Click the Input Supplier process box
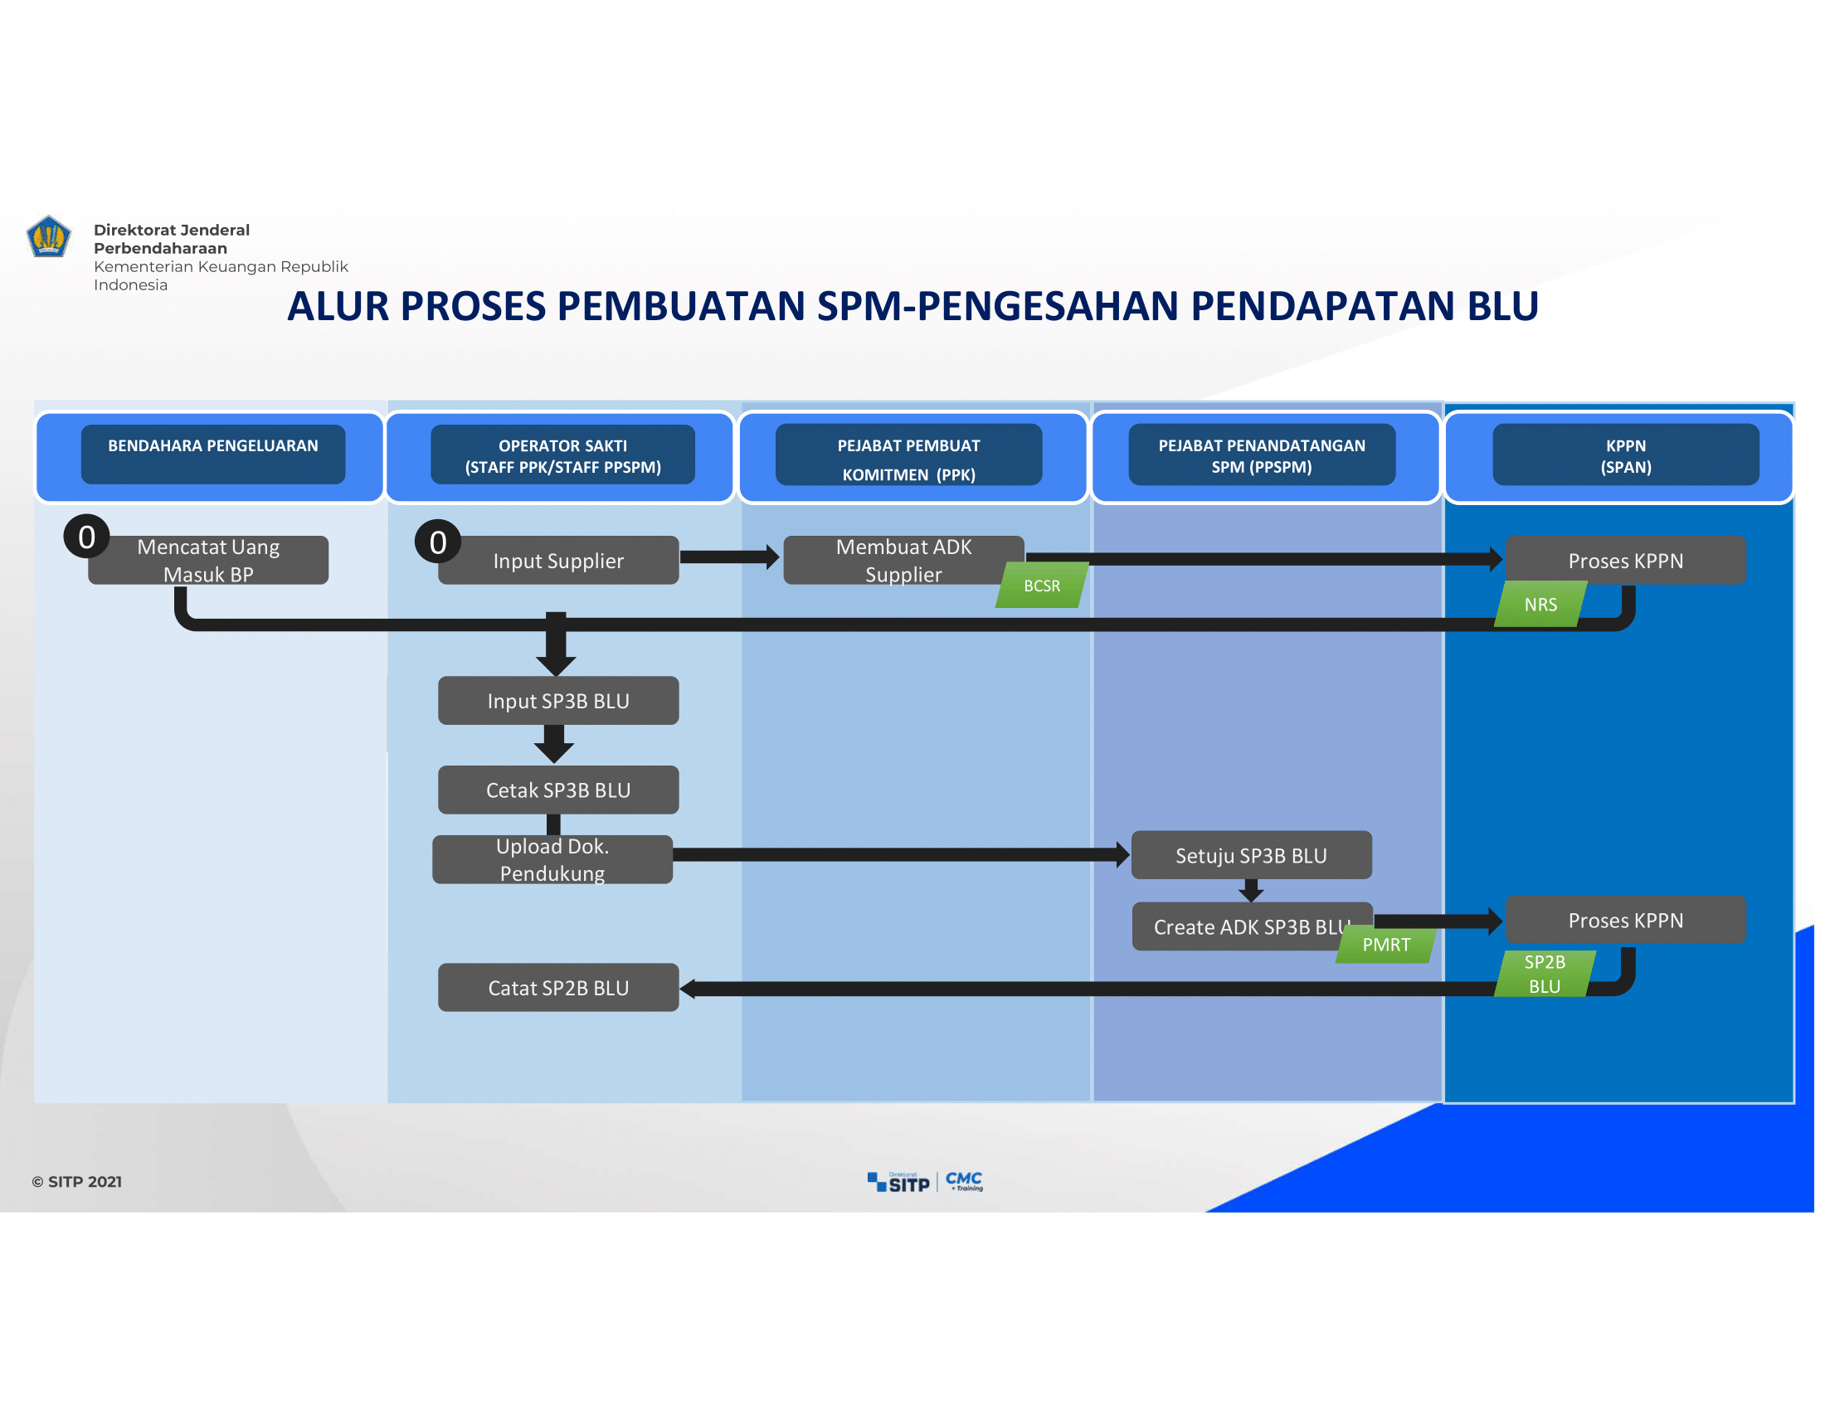(558, 561)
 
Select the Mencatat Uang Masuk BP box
(208, 561)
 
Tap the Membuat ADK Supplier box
(903, 561)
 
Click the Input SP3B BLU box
(558, 701)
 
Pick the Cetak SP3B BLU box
(558, 790)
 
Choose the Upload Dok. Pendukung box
(552, 859)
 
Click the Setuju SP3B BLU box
(1252, 855)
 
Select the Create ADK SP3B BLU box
(1252, 926)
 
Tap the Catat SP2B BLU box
(558, 988)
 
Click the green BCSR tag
(1042, 586)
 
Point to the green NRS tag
(1541, 605)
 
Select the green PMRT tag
(1386, 945)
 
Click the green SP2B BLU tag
(1545, 974)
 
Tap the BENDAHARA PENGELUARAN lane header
(213, 455)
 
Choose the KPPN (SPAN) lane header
(1626, 455)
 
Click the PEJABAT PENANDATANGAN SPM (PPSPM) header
(1263, 455)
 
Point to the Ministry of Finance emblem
(48, 236)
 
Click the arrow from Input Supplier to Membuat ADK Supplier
(729, 557)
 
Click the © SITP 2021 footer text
(77, 1182)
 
